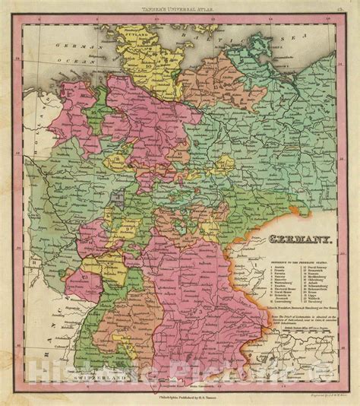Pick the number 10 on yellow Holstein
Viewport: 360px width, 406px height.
(x=150, y=66)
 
